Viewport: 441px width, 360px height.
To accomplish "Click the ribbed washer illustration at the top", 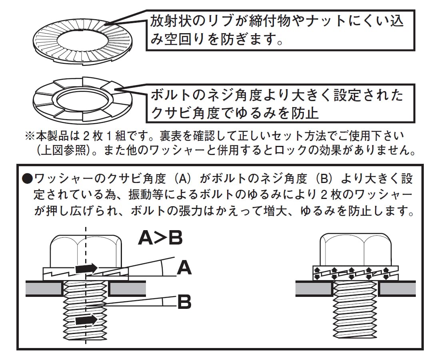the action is pos(83,42).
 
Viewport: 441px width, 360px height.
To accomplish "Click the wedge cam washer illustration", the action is pos(83,100).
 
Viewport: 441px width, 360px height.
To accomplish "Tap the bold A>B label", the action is pos(160,238).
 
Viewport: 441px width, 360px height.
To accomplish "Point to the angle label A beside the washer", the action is pos(184,268).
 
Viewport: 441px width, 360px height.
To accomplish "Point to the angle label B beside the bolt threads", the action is pos(184,302).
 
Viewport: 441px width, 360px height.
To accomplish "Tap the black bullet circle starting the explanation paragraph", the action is pos(28,179).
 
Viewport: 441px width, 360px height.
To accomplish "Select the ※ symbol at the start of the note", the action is pos(30,136).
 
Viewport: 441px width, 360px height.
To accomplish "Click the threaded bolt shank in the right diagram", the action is pos(355,309).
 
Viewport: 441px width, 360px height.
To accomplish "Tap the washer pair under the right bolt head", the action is pos(355,273).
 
